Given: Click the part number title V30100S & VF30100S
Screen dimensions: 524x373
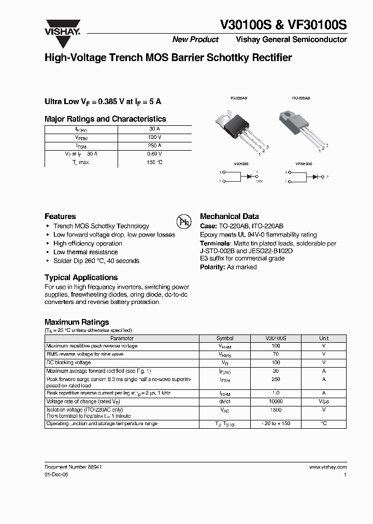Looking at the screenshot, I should pyautogui.click(x=284, y=26).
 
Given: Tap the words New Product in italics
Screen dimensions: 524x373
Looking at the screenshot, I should pyautogui.click(x=195, y=40).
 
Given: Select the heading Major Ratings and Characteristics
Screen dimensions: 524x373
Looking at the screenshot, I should pyautogui.click(x=105, y=119).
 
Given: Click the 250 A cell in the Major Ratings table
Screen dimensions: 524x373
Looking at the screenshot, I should pyautogui.click(x=155, y=146).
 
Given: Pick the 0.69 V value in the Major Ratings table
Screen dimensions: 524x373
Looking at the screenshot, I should pyautogui.click(x=155, y=154).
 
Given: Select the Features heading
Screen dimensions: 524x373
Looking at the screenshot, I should pyautogui.click(x=60, y=216).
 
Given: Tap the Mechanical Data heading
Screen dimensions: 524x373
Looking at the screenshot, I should pyautogui.click(x=229, y=216).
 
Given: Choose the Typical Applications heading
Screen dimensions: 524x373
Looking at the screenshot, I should pyautogui.click(x=81, y=278).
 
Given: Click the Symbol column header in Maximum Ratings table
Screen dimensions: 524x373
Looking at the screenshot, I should pyautogui.click(x=225, y=338).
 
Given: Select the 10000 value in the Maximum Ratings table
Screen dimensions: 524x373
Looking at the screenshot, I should pyautogui.click(x=276, y=401).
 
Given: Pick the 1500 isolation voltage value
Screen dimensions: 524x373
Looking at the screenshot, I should pyautogui.click(x=276, y=409).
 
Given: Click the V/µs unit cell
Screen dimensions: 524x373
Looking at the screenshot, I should pyautogui.click(x=324, y=401).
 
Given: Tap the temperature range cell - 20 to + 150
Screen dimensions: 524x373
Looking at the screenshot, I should pyautogui.click(x=276, y=424).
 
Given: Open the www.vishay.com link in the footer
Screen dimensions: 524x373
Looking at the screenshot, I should pyautogui.click(x=327, y=467).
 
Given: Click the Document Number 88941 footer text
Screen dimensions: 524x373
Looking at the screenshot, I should pyautogui.click(x=73, y=467).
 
